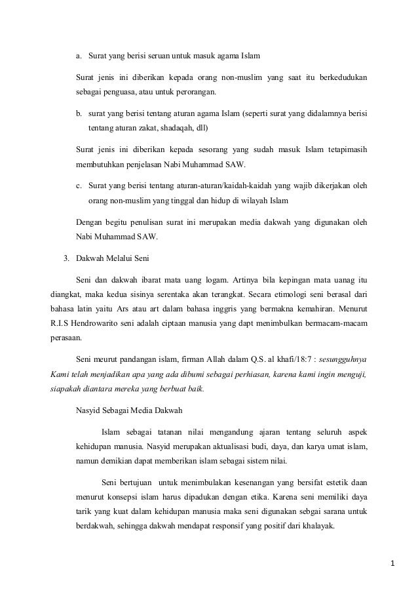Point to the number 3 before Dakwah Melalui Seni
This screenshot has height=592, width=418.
coord(66,258)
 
